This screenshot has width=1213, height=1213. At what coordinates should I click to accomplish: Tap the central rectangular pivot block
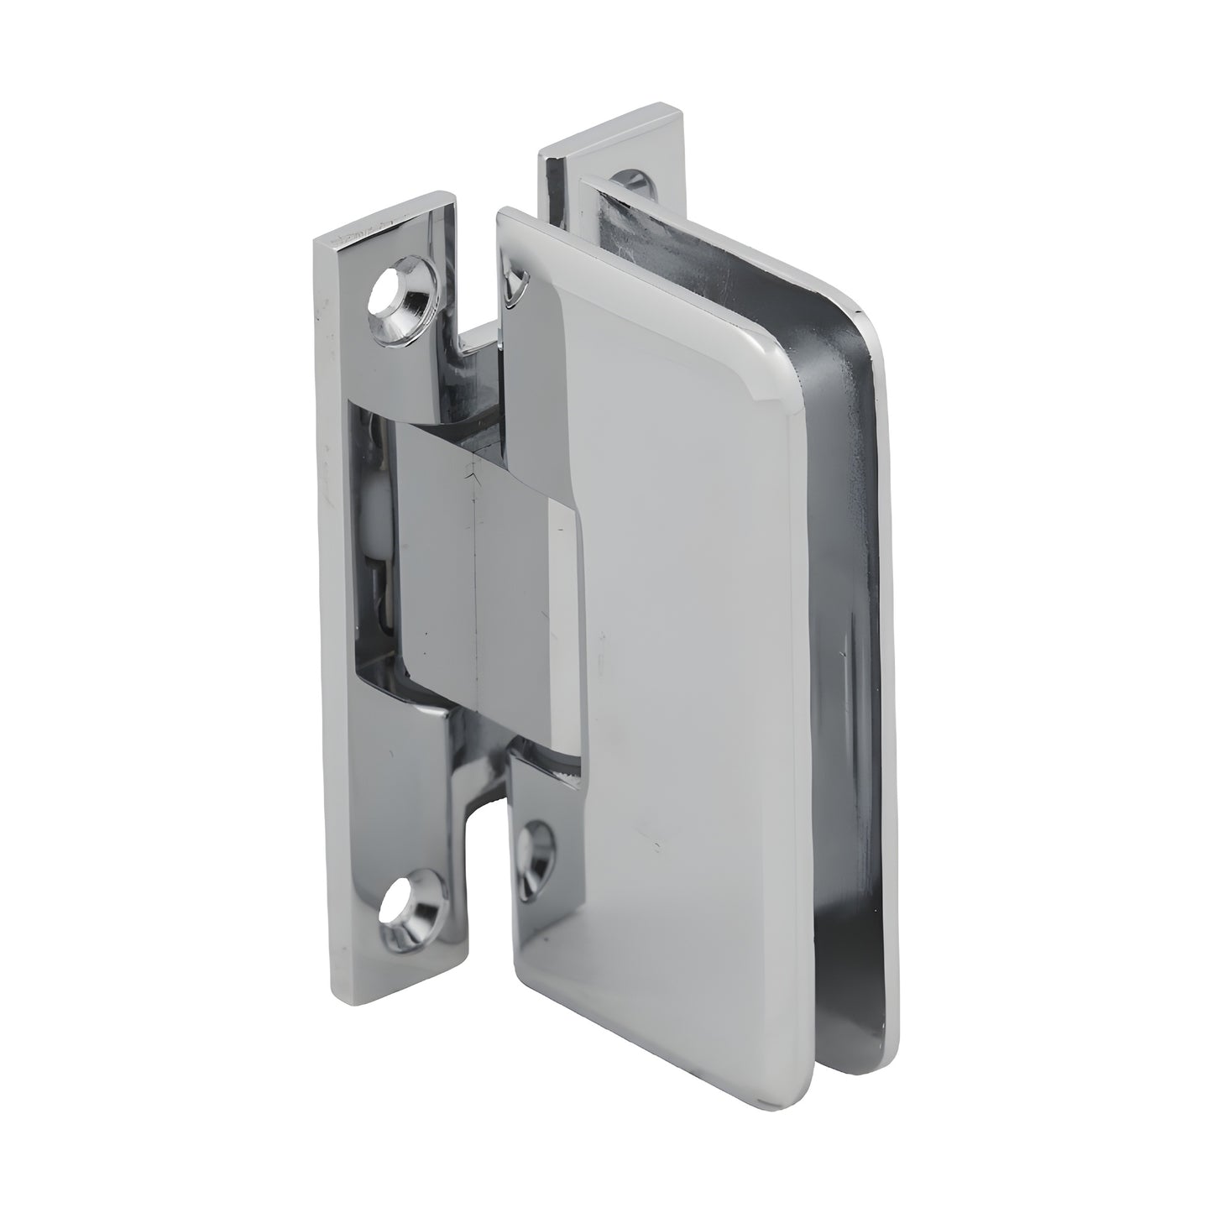coord(470,579)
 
